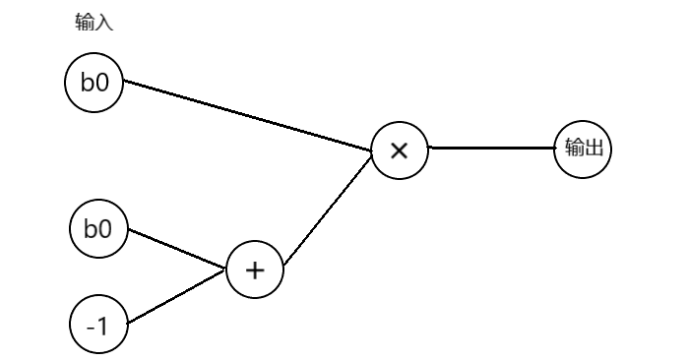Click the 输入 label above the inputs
click(94, 24)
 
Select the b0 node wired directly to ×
click(94, 83)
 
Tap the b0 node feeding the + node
click(98, 230)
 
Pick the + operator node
click(255, 270)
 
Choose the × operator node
click(400, 150)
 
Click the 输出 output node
click(583, 149)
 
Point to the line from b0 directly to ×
click(246, 117)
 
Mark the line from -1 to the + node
click(177, 298)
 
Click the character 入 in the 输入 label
click(103, 24)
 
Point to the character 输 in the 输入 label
click(84, 24)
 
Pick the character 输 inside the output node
click(573, 149)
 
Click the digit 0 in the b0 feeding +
click(105, 230)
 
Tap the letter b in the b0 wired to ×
click(88, 83)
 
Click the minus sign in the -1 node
click(91, 327)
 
